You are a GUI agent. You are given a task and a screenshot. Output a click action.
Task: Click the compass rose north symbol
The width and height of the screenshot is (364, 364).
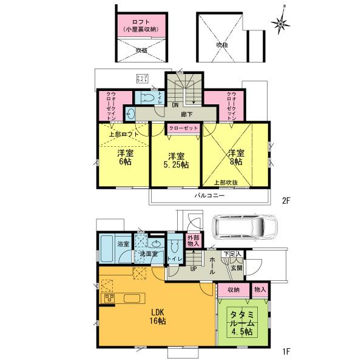[281, 22]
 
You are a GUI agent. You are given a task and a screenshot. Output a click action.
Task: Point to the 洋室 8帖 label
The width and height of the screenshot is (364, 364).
[235, 158]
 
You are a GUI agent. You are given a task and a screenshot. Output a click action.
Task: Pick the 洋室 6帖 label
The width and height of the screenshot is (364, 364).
[124, 158]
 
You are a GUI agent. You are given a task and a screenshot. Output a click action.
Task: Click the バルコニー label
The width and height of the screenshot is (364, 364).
[210, 197]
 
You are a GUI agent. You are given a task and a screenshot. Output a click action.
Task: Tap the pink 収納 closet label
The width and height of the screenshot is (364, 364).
[233, 291]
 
